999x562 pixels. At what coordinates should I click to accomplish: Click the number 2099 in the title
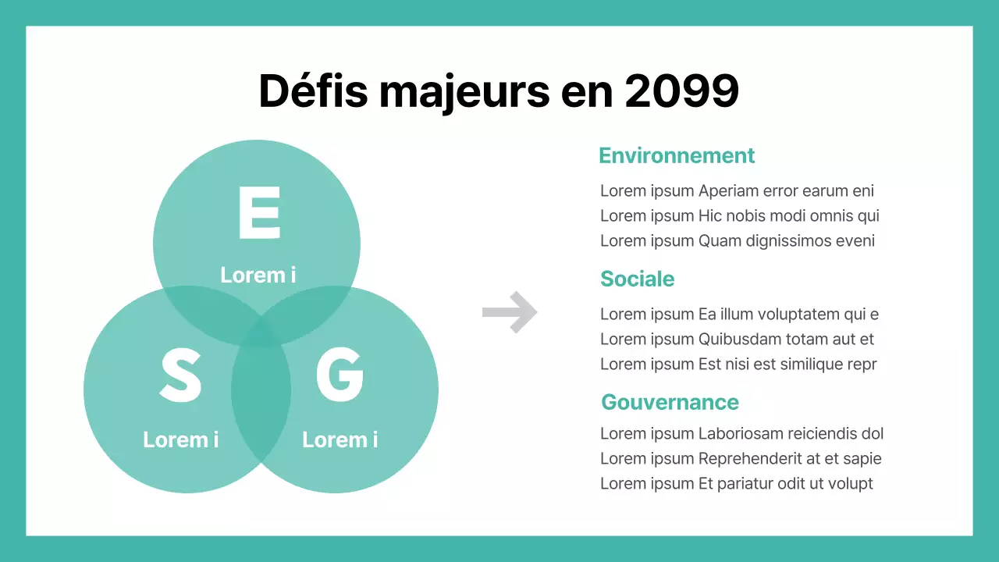[x=681, y=91]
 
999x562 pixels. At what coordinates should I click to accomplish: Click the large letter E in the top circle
[x=258, y=212]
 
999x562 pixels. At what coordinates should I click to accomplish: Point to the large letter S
[x=180, y=375]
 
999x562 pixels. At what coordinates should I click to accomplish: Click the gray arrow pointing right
[x=510, y=312]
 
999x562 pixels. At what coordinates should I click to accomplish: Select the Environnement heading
[x=677, y=155]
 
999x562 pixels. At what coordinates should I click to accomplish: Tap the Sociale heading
[x=637, y=279]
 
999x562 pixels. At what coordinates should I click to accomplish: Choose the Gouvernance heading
[x=670, y=402]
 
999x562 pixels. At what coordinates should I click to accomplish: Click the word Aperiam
[x=728, y=191]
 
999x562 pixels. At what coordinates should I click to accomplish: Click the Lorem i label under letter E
[x=258, y=275]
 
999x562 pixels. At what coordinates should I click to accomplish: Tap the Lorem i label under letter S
[x=180, y=439]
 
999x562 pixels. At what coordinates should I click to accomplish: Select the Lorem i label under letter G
[x=340, y=439]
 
